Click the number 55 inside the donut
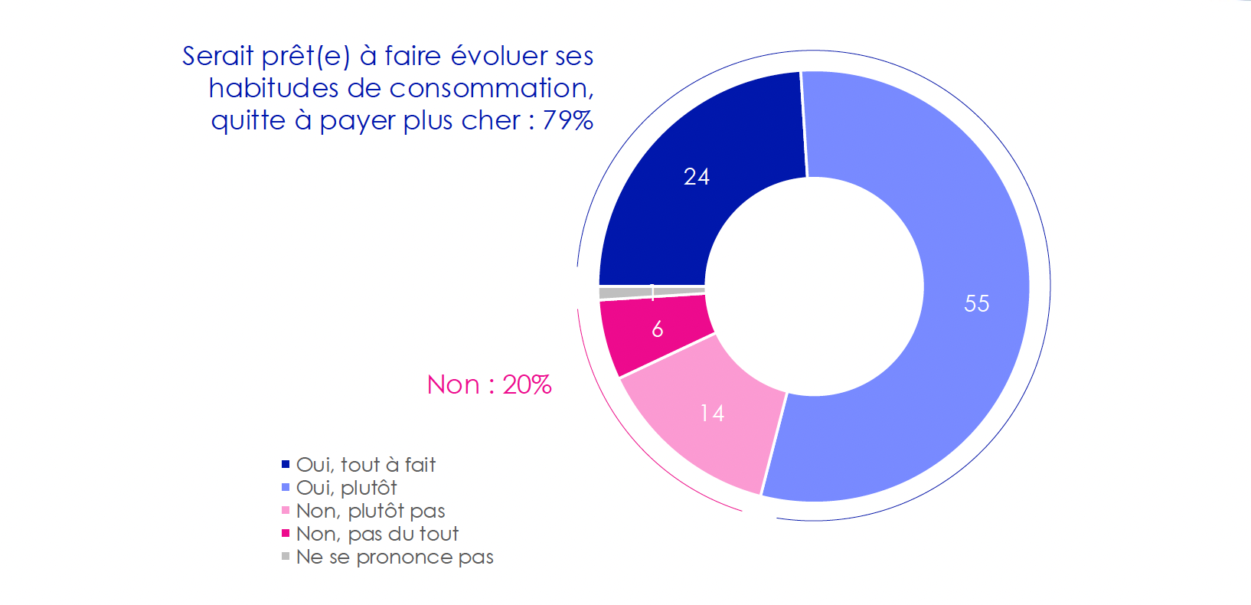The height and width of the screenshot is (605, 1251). point(976,304)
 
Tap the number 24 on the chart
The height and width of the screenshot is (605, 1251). point(697,177)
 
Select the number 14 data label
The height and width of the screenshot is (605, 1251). point(712,414)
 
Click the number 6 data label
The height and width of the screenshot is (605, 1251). point(657,329)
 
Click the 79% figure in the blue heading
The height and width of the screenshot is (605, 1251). point(567,120)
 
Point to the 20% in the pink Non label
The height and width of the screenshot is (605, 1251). point(527,384)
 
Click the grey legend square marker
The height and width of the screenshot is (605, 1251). point(286,557)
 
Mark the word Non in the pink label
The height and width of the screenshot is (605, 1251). point(453,384)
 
